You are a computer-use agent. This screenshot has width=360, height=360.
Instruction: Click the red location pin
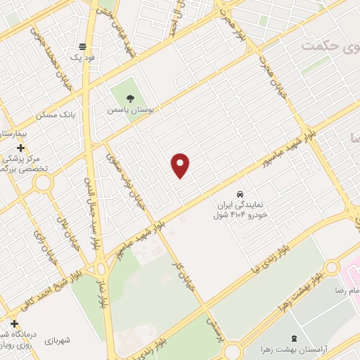point(181,165)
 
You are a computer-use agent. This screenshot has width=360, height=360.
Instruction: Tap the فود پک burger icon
point(83,46)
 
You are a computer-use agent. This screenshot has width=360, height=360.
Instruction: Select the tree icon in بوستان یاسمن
point(128,99)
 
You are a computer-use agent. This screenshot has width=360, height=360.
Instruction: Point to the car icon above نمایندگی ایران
point(240,193)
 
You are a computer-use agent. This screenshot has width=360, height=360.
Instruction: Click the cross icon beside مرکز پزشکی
point(21,148)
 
